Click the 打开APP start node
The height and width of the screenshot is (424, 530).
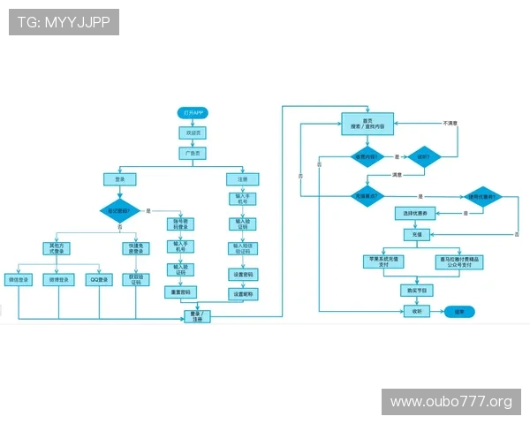(x=192, y=113)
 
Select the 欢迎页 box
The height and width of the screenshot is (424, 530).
(x=192, y=132)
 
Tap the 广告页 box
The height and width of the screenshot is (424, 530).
(x=192, y=153)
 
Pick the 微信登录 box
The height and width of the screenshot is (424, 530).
(x=19, y=280)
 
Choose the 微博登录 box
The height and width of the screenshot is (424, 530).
(x=58, y=280)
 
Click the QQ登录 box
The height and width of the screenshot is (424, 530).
(x=99, y=280)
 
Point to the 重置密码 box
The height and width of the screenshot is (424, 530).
(x=180, y=291)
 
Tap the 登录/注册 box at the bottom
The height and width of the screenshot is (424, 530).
(x=197, y=315)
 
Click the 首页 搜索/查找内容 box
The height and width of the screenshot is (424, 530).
(x=367, y=124)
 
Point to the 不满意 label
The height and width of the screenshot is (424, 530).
(x=451, y=123)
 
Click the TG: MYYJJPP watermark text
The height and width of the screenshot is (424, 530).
(x=63, y=22)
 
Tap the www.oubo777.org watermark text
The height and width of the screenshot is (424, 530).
(x=451, y=402)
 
